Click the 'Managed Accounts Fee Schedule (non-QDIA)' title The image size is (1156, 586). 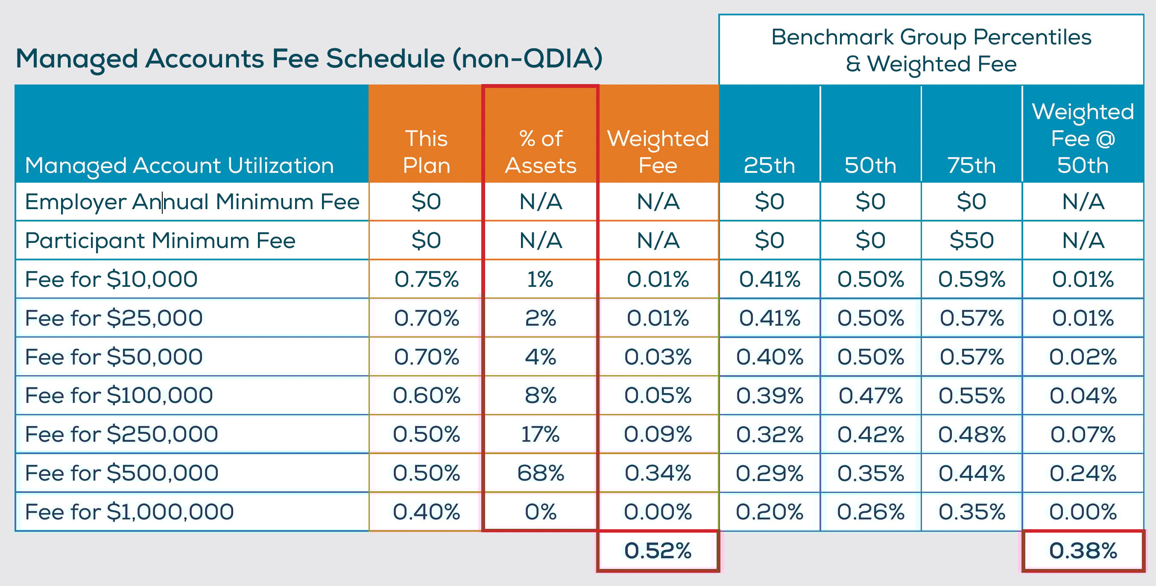pyautogui.click(x=309, y=59)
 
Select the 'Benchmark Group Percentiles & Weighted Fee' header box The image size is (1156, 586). pyautogui.click(x=931, y=50)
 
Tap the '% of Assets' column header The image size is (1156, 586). pyautogui.click(x=540, y=152)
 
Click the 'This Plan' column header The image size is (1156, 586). pyautogui.click(x=426, y=152)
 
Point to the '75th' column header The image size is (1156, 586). pyautogui.click(x=972, y=165)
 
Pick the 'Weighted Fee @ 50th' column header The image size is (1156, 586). pyautogui.click(x=1083, y=138)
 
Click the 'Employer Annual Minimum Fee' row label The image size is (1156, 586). pyautogui.click(x=192, y=202)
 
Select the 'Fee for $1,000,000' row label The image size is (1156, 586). pyautogui.click(x=129, y=512)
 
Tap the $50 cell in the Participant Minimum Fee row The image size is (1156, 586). pyautogui.click(x=972, y=240)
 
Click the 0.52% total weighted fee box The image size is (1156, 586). pyautogui.click(x=658, y=551)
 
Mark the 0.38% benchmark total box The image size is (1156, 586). pyautogui.click(x=1083, y=551)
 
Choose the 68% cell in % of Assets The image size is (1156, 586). pyautogui.click(x=540, y=473)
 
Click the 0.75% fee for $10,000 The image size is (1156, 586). pyautogui.click(x=426, y=279)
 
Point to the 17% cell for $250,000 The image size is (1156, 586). pyautogui.click(x=540, y=434)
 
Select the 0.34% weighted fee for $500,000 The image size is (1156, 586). pyautogui.click(x=658, y=473)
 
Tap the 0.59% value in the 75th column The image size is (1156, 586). pyautogui.click(x=972, y=279)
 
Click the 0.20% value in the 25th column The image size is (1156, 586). pyautogui.click(x=769, y=512)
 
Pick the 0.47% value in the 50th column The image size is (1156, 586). pyautogui.click(x=870, y=396)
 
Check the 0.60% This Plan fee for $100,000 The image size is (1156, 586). pyautogui.click(x=426, y=396)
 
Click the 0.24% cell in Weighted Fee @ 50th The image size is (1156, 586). pyautogui.click(x=1083, y=473)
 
